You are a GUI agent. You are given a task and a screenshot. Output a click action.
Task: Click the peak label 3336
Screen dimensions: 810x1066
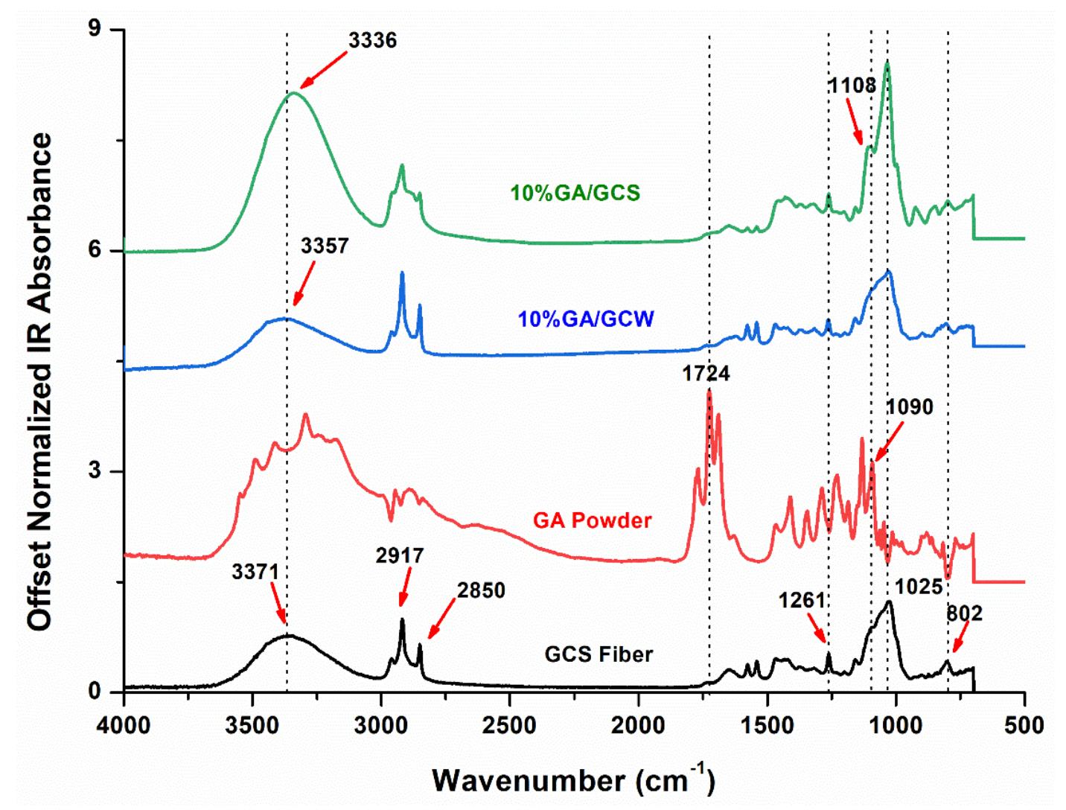(372, 40)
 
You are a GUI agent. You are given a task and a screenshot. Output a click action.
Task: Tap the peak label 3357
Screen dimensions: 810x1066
(325, 246)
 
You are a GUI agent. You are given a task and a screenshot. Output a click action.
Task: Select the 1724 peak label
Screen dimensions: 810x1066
(706, 374)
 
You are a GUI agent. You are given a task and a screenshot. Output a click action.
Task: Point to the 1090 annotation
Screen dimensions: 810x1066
(909, 407)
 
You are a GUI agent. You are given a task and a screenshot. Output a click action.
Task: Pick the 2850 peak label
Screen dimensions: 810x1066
(481, 590)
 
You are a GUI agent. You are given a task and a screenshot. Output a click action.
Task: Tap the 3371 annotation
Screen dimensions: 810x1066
(255, 573)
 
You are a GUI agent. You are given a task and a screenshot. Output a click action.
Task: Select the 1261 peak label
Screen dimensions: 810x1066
(802, 600)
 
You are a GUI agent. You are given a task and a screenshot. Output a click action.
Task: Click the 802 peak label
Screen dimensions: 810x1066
(964, 613)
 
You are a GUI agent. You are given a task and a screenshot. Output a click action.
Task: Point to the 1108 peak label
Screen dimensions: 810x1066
(852, 86)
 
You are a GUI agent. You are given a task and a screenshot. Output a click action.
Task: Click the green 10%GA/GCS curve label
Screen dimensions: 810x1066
(575, 194)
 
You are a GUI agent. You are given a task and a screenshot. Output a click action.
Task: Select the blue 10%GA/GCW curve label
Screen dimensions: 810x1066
(586, 319)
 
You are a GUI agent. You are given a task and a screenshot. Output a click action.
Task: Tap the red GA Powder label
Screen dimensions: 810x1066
(592, 520)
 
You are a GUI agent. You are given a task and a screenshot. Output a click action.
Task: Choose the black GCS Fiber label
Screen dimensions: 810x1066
(599, 654)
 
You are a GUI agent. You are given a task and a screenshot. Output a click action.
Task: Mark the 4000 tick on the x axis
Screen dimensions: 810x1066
(124, 724)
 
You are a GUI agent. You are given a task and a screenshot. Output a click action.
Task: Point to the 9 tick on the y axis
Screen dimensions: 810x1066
(95, 30)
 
